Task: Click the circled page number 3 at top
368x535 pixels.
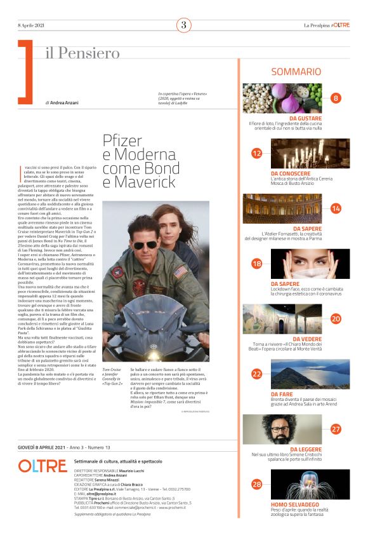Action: [x=184, y=25]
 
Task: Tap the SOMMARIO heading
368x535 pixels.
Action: [x=296, y=72]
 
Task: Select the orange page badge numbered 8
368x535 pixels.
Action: [x=336, y=98]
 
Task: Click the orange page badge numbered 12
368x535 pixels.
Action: [x=257, y=153]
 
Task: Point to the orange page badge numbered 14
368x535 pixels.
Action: [x=336, y=208]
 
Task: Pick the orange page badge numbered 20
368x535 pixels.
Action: [x=336, y=319]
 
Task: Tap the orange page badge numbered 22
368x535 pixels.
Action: [x=257, y=374]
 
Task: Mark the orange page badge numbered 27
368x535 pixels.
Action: [x=336, y=429]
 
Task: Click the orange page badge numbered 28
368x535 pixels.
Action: [x=257, y=484]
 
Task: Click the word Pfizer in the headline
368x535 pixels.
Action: [x=126, y=140]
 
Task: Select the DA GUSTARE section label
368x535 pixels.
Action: [x=305, y=118]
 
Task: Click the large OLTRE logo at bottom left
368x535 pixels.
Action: [x=42, y=466]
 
